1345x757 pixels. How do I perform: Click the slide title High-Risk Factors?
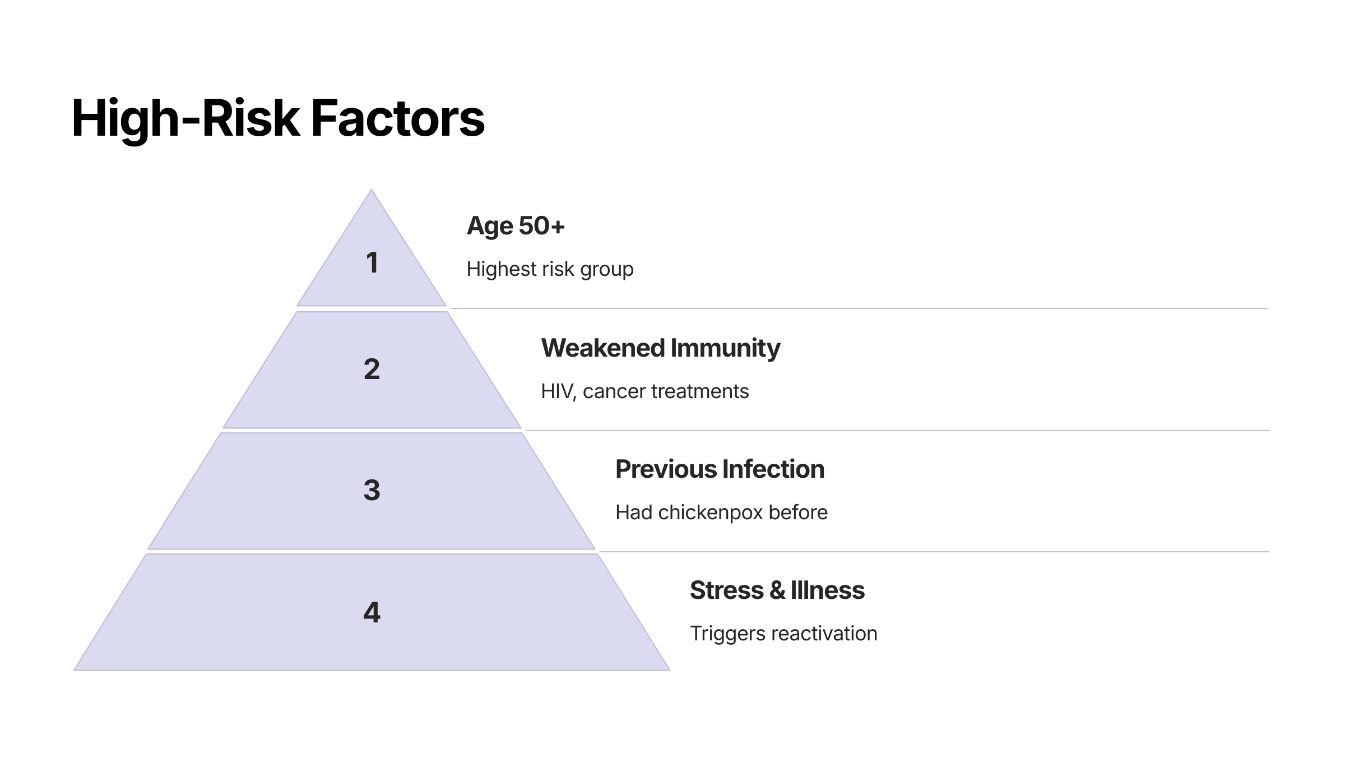pos(278,119)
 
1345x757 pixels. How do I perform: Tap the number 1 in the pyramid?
pos(372,262)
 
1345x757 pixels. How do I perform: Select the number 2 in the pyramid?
pos(372,369)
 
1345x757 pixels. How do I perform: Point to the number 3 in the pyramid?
pos(372,490)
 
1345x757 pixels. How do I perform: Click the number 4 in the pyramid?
pos(372,612)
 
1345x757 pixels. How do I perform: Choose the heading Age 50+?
pos(516,226)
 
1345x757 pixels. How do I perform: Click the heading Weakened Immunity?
pos(661,348)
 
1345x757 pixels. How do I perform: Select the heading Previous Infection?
pos(720,469)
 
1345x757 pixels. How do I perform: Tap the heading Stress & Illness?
pos(777,590)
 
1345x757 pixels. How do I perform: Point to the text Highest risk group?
pos(550,270)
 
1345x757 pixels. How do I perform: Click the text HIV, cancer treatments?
pos(644,391)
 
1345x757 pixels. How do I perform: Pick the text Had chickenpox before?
pos(721,513)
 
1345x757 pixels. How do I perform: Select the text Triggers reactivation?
pos(783,634)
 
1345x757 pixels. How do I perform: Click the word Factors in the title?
pos(398,119)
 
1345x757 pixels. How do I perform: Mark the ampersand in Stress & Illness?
pos(777,590)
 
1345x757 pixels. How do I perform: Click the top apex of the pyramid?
pos(371,190)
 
